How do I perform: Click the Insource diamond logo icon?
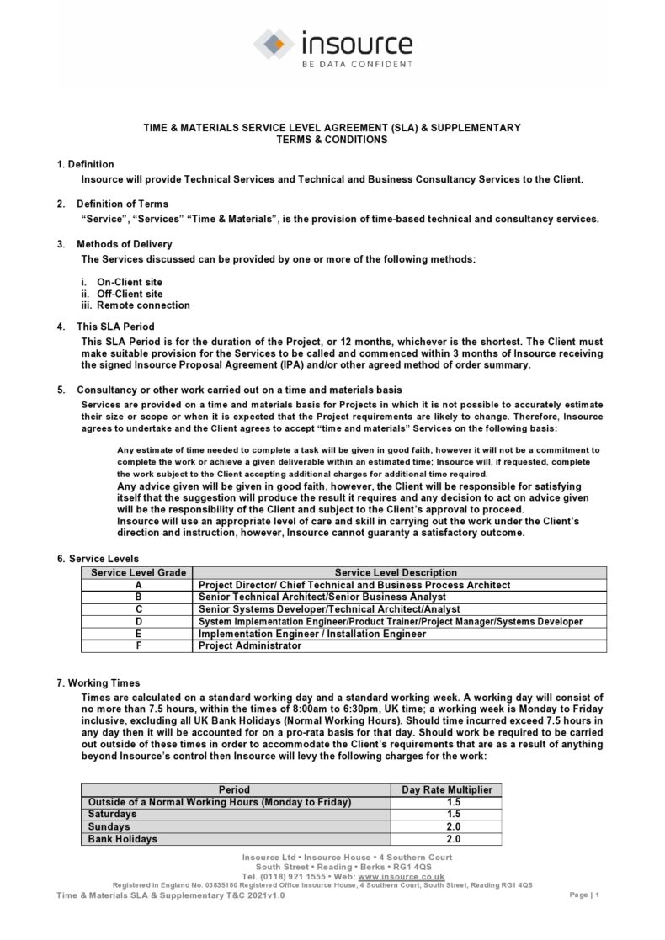274,43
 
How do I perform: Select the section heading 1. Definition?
85,164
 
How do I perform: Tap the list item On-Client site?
130,282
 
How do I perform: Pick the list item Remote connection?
143,305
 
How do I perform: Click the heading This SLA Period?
117,327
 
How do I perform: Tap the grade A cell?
137,585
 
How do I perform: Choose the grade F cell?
137,645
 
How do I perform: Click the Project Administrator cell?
250,645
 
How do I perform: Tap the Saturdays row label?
112,815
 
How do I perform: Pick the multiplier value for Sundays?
453,826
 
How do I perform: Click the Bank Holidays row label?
122,839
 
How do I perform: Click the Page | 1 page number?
583,895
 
